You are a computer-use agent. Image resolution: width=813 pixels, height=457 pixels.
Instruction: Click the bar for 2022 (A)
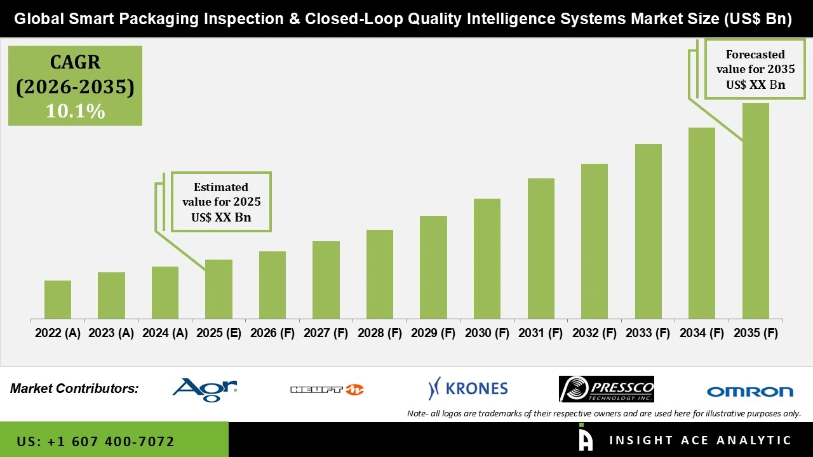coord(58,300)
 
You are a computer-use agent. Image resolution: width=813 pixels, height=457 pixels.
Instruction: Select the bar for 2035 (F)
coord(755,211)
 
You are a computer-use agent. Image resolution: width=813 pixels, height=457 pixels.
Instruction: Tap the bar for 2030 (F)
coord(487,258)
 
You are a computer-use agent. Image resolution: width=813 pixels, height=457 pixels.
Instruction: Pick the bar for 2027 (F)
coord(326,280)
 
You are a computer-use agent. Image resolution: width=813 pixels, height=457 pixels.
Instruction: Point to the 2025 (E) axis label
coord(218,333)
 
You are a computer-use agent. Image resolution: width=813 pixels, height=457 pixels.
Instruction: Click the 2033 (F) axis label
coord(648,333)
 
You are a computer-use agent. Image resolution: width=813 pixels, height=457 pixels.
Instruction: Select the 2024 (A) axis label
coord(165,333)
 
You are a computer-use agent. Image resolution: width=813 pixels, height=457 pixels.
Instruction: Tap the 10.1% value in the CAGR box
coord(75,112)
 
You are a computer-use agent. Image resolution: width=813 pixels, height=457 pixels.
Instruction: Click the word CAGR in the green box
coord(75,63)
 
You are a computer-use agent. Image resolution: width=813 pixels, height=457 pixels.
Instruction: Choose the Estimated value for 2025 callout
coord(221,202)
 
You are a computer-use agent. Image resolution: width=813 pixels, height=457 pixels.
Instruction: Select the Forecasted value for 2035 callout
coord(755,69)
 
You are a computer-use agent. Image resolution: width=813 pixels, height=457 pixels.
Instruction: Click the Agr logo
coord(205,388)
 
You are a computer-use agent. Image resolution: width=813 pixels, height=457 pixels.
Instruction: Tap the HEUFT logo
coord(327,390)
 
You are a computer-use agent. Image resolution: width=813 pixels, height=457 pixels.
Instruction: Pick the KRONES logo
coord(468,388)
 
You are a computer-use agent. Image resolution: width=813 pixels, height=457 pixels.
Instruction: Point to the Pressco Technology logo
coord(606,389)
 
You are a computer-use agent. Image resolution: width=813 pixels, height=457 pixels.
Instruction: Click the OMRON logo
coord(749,391)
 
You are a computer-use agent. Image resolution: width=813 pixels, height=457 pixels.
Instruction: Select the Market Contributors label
coord(74,388)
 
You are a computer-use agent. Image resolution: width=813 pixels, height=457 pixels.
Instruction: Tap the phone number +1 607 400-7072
coord(95,441)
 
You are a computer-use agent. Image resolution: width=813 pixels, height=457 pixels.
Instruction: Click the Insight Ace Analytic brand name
coord(700,440)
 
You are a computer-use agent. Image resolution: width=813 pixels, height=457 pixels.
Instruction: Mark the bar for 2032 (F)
coord(594,241)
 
